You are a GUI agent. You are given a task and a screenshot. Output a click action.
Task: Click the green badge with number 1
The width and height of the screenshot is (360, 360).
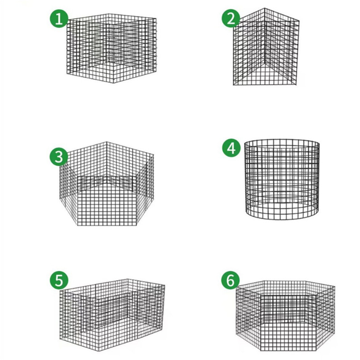[58, 19]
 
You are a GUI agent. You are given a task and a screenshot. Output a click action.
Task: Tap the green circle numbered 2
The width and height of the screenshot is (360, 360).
[231, 19]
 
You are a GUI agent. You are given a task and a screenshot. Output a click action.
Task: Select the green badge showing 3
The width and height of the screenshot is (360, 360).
[58, 157]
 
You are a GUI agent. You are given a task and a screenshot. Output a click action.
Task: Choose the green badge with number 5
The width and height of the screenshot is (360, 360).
[58, 280]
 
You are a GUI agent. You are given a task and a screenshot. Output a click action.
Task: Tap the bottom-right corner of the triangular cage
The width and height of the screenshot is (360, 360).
[299, 83]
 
